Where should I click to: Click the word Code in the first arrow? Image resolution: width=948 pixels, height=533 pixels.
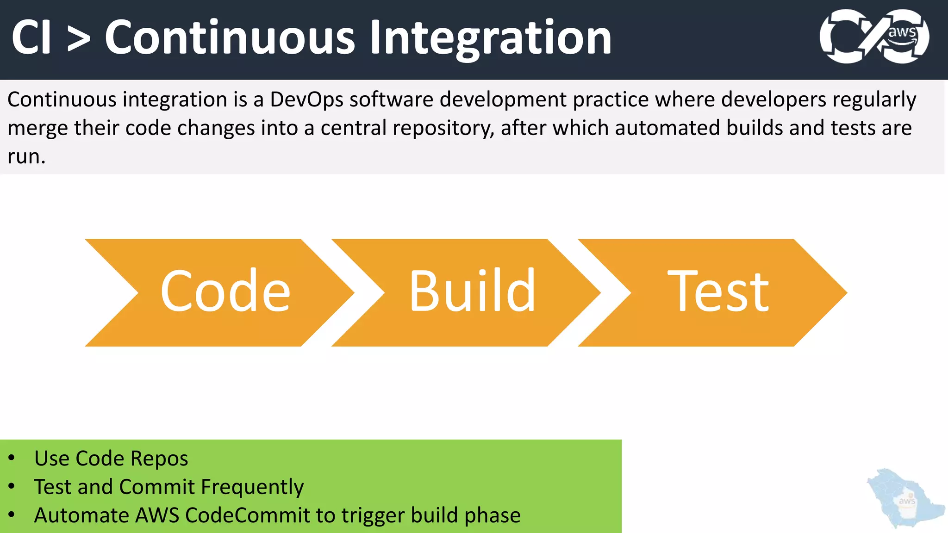point(225,291)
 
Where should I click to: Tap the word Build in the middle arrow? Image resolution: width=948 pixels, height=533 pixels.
point(472,291)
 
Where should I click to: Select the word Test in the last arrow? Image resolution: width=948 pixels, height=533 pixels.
point(718,291)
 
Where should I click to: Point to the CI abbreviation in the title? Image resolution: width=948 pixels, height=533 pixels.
point(31,38)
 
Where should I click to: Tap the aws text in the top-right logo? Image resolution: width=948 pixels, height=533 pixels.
point(902,32)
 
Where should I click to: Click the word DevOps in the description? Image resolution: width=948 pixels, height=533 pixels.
point(306,99)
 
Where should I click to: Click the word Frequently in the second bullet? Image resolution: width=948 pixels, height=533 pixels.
point(252,487)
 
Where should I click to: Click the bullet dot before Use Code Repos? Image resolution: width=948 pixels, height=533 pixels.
point(12,458)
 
